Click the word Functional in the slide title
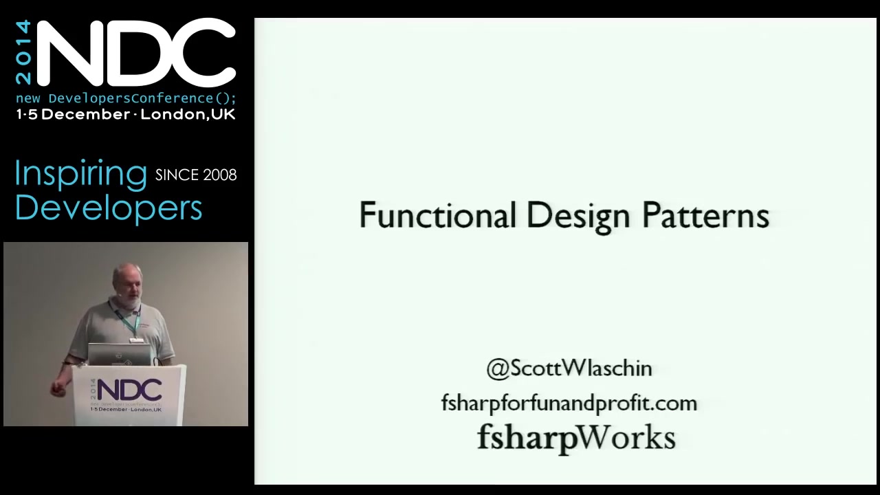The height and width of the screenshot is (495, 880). pyautogui.click(x=438, y=215)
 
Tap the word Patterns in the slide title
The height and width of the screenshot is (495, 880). pyautogui.click(x=706, y=215)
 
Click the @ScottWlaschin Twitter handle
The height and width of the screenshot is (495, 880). pyautogui.click(x=569, y=368)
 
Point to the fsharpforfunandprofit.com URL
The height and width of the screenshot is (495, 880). pyautogui.click(x=569, y=403)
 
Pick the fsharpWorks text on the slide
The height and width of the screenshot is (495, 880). pyautogui.click(x=576, y=438)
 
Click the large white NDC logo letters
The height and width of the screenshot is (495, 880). pyautogui.click(x=136, y=53)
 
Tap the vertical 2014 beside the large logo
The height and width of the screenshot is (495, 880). pyautogui.click(x=23, y=52)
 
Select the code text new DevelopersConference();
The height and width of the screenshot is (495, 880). pyautogui.click(x=126, y=98)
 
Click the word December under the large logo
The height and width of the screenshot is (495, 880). pyautogui.click(x=86, y=114)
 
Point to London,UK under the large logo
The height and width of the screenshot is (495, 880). pyautogui.click(x=188, y=115)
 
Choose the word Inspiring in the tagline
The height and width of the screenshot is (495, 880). pyautogui.click(x=81, y=175)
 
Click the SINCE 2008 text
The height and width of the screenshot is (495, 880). pyautogui.click(x=196, y=175)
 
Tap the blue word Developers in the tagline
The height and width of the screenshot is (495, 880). pyautogui.click(x=109, y=208)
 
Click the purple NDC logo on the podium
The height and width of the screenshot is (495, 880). pyautogui.click(x=129, y=390)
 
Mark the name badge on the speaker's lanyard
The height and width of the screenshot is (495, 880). pyautogui.click(x=136, y=340)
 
